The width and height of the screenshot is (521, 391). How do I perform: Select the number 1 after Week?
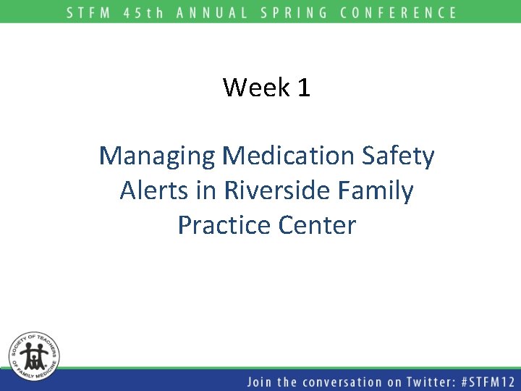pos(303,88)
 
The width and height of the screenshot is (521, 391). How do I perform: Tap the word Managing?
pos(157,156)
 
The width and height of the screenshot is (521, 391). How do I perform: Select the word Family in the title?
pos(376,191)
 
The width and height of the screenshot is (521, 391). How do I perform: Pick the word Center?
pos(318,226)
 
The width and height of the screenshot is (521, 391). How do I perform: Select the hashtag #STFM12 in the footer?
pos(486,382)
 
